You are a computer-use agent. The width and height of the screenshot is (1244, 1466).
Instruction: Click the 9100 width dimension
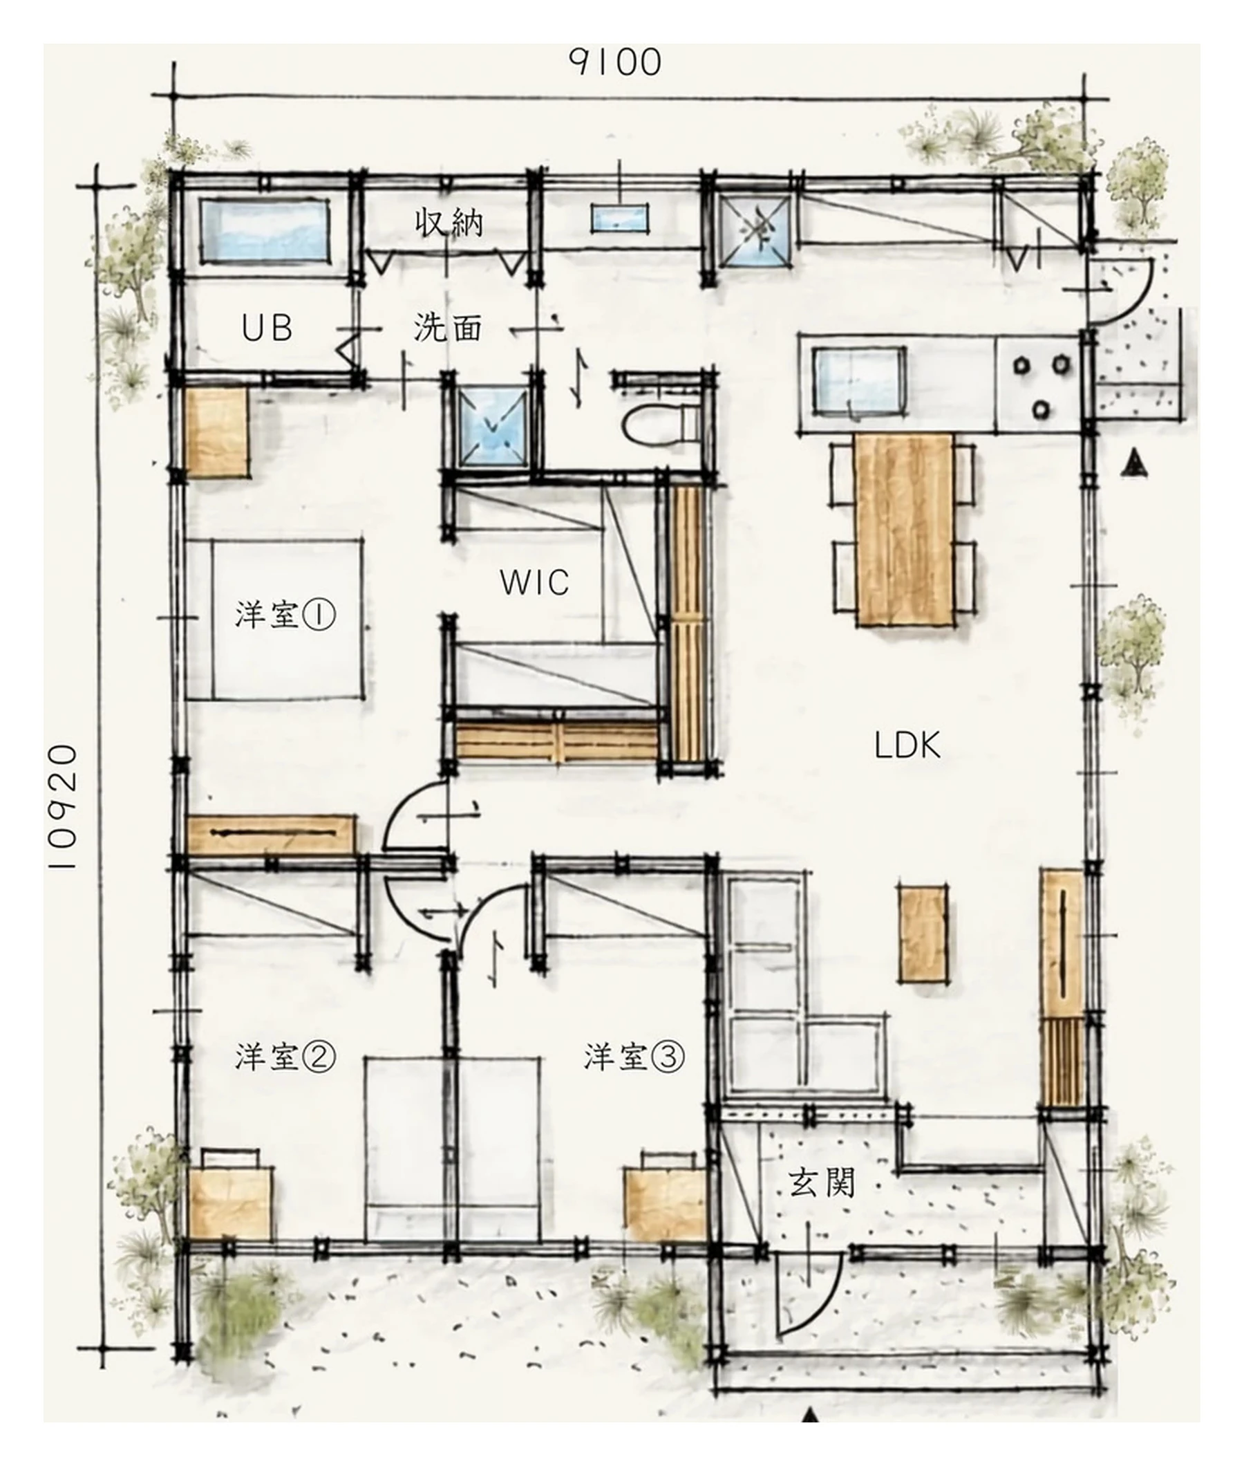coord(616,62)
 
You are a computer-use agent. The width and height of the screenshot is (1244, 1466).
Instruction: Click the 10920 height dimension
coord(64,807)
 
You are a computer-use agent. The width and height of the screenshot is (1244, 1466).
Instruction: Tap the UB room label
coord(267,328)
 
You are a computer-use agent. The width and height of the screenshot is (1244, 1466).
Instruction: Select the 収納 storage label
coord(449,223)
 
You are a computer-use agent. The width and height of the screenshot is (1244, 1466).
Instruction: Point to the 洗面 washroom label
coord(448,328)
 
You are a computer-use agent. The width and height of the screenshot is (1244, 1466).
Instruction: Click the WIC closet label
coord(534,583)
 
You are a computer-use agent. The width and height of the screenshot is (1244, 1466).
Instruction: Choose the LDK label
coord(907,745)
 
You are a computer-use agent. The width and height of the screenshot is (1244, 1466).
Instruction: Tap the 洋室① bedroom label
coord(285,615)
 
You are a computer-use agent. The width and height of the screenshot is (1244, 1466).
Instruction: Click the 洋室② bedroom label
coord(285,1057)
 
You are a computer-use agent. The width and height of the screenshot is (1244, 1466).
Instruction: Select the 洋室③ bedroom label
coord(634,1057)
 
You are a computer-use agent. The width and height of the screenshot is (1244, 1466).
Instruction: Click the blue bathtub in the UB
coord(265,232)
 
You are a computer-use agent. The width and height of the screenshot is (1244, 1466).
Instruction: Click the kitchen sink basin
coord(860,381)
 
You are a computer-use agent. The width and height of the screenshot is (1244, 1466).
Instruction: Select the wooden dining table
coord(905,530)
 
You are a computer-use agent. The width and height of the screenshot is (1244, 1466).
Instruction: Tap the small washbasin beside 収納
coord(619,217)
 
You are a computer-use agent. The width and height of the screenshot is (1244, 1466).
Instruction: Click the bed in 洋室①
coord(275,620)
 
